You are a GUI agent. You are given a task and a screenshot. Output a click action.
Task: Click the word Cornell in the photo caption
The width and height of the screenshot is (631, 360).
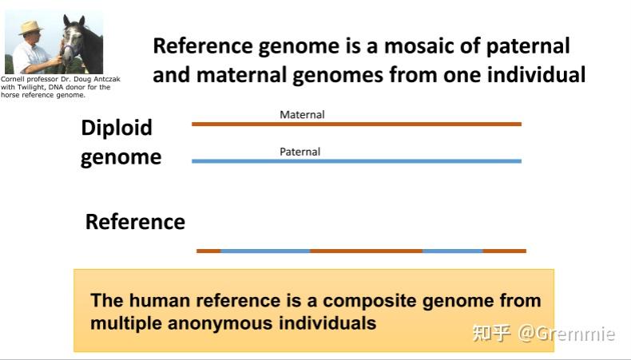pos(14,80)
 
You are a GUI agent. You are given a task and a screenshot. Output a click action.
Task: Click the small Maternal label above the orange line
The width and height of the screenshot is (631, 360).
pos(302,114)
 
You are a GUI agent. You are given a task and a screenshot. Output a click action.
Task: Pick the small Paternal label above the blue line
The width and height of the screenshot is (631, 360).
pos(300,152)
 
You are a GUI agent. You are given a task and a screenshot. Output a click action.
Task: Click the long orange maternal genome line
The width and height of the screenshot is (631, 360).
pos(356,124)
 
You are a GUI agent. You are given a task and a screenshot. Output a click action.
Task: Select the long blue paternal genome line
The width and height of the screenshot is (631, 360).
pos(356,161)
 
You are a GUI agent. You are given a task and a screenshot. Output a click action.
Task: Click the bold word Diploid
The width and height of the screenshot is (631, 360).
pos(117,128)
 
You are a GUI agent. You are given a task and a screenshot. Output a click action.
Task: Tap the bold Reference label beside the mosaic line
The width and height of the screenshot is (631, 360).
pos(135,222)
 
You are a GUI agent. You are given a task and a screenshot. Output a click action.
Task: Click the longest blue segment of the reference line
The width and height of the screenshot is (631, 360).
pos(265,251)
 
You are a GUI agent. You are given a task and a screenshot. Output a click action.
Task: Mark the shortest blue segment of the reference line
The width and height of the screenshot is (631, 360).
pos(452,251)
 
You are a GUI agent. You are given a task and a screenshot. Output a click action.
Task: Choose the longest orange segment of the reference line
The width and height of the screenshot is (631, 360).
pos(366,251)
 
